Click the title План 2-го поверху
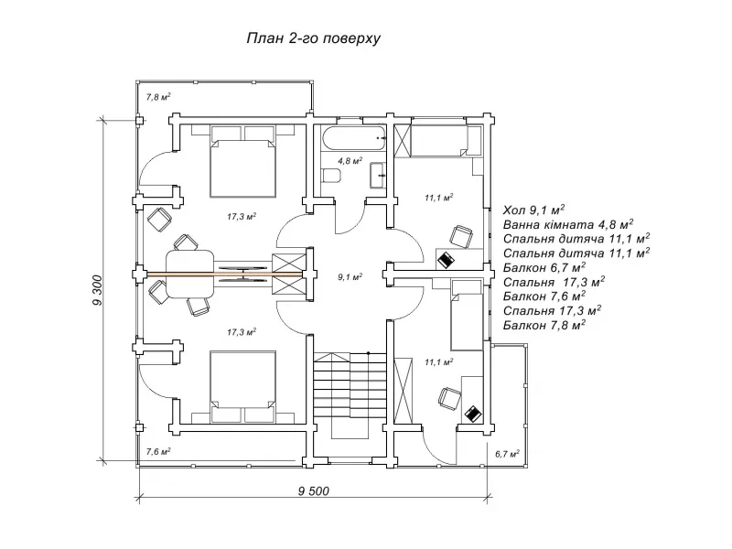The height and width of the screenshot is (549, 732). coord(313,39)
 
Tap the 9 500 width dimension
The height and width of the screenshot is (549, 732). coord(313,490)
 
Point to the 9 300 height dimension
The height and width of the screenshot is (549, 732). coord(97,290)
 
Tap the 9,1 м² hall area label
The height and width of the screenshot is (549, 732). coord(349,275)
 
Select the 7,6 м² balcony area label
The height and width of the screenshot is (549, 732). coord(158,451)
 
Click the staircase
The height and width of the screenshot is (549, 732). coord(348,384)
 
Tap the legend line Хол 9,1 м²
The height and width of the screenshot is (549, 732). coord(534,209)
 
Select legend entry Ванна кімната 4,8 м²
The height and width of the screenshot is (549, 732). coord(569,223)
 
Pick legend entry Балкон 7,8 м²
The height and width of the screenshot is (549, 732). coord(544,326)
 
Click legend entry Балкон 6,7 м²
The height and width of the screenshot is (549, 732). coord(544,267)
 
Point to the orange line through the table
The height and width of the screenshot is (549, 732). coord(234,274)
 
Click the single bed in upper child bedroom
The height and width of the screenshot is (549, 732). coord(445,142)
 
